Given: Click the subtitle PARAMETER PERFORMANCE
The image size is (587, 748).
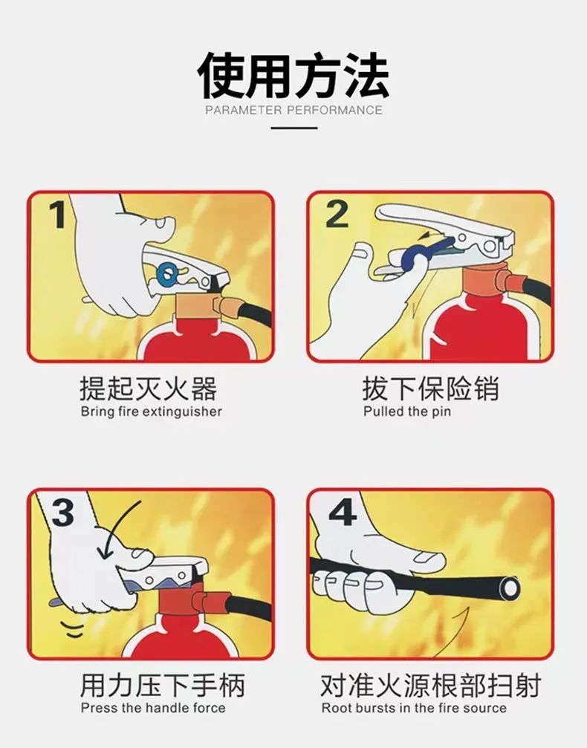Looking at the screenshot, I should [x=293, y=111].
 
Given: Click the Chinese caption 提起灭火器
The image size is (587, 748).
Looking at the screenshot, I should [x=148, y=388].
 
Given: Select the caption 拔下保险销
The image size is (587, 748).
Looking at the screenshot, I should [x=430, y=388].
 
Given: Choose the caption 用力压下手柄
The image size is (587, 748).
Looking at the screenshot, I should [x=163, y=686].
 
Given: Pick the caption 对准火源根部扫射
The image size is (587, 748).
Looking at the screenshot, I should [x=430, y=686].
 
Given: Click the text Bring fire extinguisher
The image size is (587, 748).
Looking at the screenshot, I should [x=151, y=411].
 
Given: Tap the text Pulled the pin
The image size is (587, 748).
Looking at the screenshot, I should [x=406, y=411].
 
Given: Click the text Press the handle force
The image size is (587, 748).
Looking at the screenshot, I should [x=153, y=708].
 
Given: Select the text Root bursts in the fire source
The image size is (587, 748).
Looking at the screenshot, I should [x=413, y=708].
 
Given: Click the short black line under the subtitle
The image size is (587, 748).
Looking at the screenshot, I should [x=293, y=128].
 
